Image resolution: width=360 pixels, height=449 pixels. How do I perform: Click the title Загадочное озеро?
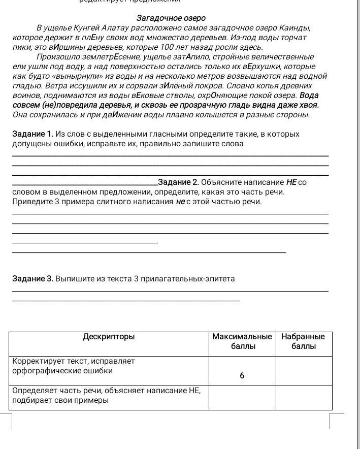tap(171, 18)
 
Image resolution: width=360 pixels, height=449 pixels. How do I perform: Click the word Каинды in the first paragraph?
tap(294, 27)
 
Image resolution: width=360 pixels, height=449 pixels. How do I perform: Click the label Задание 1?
tap(32, 134)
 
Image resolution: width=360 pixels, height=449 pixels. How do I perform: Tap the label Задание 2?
tap(178, 182)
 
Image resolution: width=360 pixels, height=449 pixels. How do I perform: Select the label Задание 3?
tap(32, 279)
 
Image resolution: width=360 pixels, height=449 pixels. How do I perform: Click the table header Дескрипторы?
tap(109, 336)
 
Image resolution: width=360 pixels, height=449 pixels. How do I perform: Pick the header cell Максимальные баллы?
tap(242, 341)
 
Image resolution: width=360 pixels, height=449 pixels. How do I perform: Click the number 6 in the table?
tap(242, 376)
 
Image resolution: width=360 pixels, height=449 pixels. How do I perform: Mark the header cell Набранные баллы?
tap(303, 341)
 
